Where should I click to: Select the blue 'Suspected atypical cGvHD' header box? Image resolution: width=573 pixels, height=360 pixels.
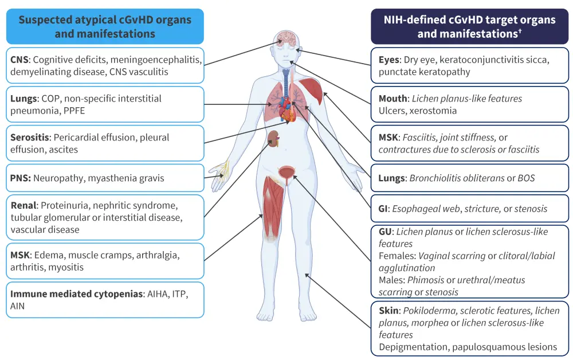(105, 26)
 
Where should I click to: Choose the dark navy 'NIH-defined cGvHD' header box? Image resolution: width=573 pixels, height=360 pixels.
(469, 26)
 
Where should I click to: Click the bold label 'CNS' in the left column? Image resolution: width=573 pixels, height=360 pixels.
(20, 60)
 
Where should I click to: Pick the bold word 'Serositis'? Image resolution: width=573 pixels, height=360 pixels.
(32, 138)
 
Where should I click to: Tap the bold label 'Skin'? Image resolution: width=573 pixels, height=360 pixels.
(390, 311)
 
